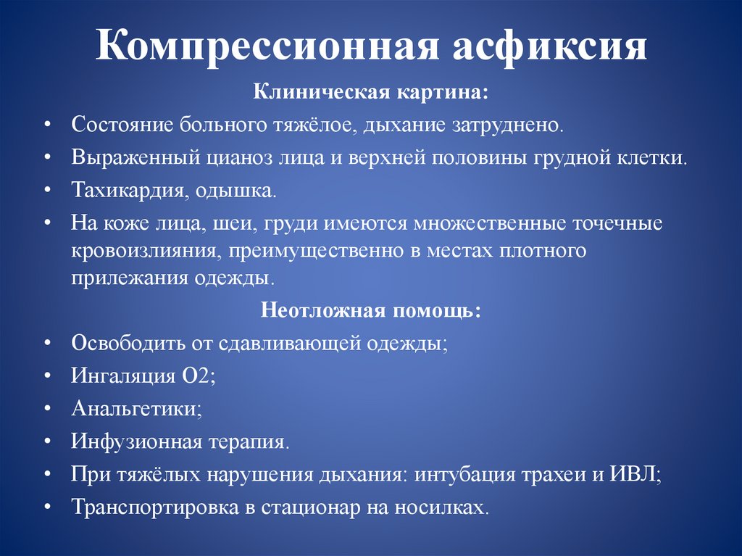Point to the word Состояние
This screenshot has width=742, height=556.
[120, 124]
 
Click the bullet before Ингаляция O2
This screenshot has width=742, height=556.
[46, 375]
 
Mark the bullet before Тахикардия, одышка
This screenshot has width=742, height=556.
[46, 192]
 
